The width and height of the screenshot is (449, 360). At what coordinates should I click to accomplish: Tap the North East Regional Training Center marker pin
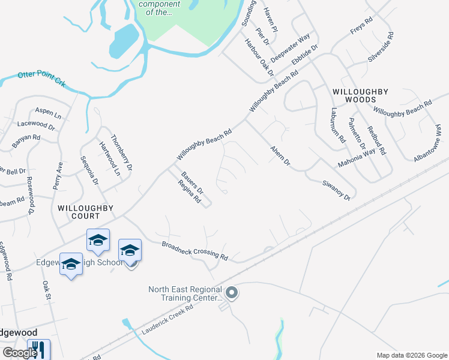click(x=232, y=293)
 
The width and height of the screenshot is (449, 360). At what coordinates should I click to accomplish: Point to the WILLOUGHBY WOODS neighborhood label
click(x=360, y=96)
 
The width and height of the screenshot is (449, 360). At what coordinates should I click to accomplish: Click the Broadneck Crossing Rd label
click(x=195, y=251)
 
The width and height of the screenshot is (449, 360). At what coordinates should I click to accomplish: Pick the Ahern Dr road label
click(x=280, y=155)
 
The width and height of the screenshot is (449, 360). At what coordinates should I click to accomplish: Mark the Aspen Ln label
click(x=49, y=113)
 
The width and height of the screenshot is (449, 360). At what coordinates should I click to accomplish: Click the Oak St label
click(x=46, y=293)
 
